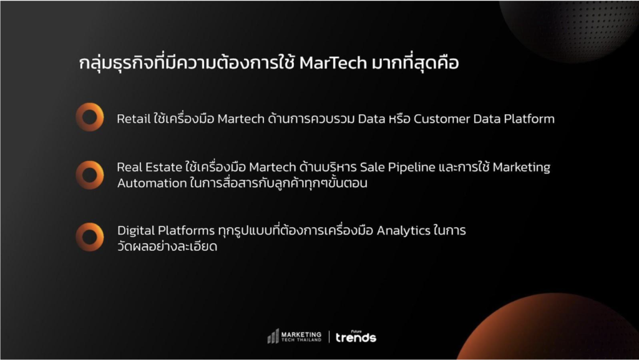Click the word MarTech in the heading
click(333, 63)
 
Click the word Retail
click(134, 119)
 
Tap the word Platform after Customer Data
click(529, 119)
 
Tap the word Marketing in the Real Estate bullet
click(521, 168)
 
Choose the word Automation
click(152, 183)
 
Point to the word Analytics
click(403, 231)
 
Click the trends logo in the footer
click(356, 336)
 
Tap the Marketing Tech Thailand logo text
click(301, 336)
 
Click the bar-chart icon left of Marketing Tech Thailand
click(273, 336)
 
